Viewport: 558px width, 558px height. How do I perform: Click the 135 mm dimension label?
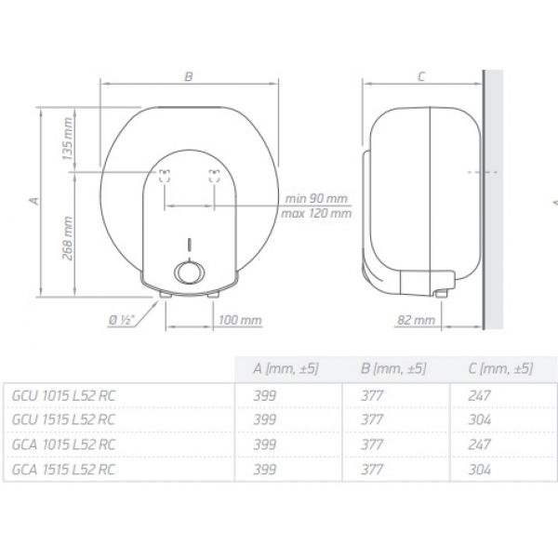tap(68, 139)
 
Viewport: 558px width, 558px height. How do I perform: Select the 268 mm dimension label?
tap(68, 238)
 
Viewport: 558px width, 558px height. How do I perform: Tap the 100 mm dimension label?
tap(240, 320)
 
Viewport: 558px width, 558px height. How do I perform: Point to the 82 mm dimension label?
tap(416, 320)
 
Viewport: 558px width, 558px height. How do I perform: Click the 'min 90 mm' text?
tap(315, 198)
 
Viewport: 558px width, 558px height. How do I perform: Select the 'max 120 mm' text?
tap(316, 213)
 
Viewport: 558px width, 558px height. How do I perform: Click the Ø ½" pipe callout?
tap(121, 320)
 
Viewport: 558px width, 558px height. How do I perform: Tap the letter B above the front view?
tap(189, 76)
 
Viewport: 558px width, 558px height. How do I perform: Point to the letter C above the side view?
tap(421, 76)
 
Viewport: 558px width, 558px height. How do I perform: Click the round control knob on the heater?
tap(190, 272)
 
